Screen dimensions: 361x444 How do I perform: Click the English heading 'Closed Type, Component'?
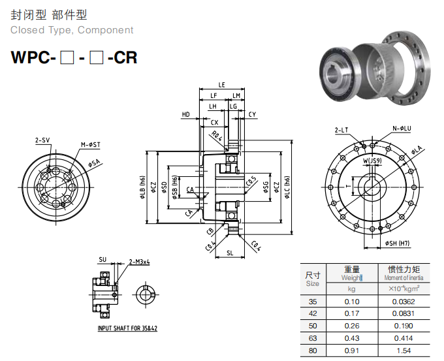pos(72,30)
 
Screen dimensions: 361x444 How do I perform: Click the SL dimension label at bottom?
pos(230,251)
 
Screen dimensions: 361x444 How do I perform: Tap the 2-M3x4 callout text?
pos(140,262)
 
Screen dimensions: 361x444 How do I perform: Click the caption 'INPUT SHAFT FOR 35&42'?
pos(127,328)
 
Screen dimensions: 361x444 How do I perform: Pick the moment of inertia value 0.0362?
pos(403,301)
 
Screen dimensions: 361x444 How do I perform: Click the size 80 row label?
pos(313,351)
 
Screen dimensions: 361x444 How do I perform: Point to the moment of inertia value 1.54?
pos(403,351)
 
